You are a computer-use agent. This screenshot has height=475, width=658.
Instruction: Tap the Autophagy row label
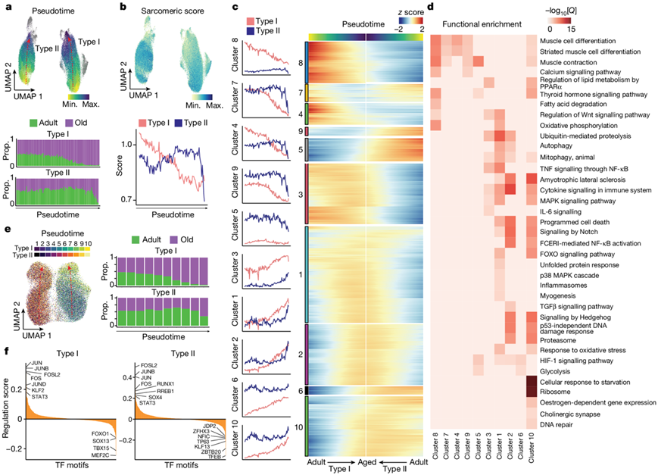click(x=560, y=146)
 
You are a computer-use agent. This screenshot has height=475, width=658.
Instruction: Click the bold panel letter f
click(x=6, y=351)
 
